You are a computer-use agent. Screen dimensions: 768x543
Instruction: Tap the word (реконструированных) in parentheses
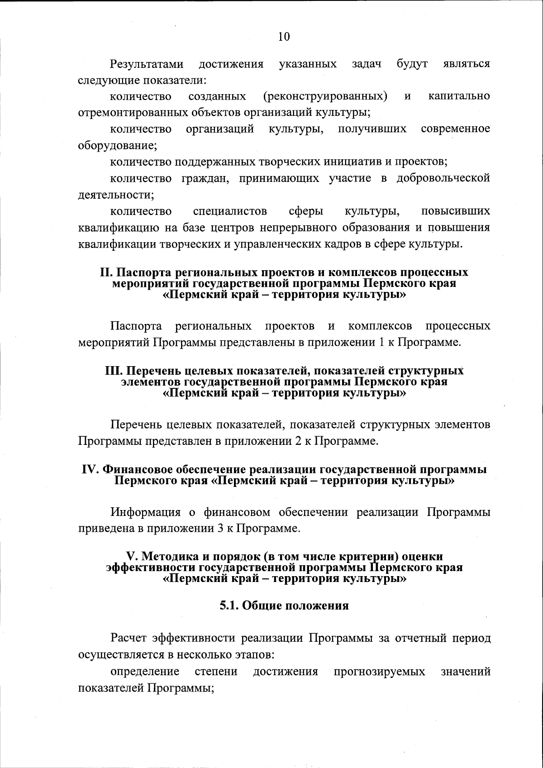[x=324, y=96]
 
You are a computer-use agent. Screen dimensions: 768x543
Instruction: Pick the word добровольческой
[x=443, y=178]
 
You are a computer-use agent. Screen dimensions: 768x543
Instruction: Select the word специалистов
[x=230, y=211]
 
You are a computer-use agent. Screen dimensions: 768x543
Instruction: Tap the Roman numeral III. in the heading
[x=114, y=371]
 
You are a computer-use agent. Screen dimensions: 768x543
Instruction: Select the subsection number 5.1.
[x=229, y=606]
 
